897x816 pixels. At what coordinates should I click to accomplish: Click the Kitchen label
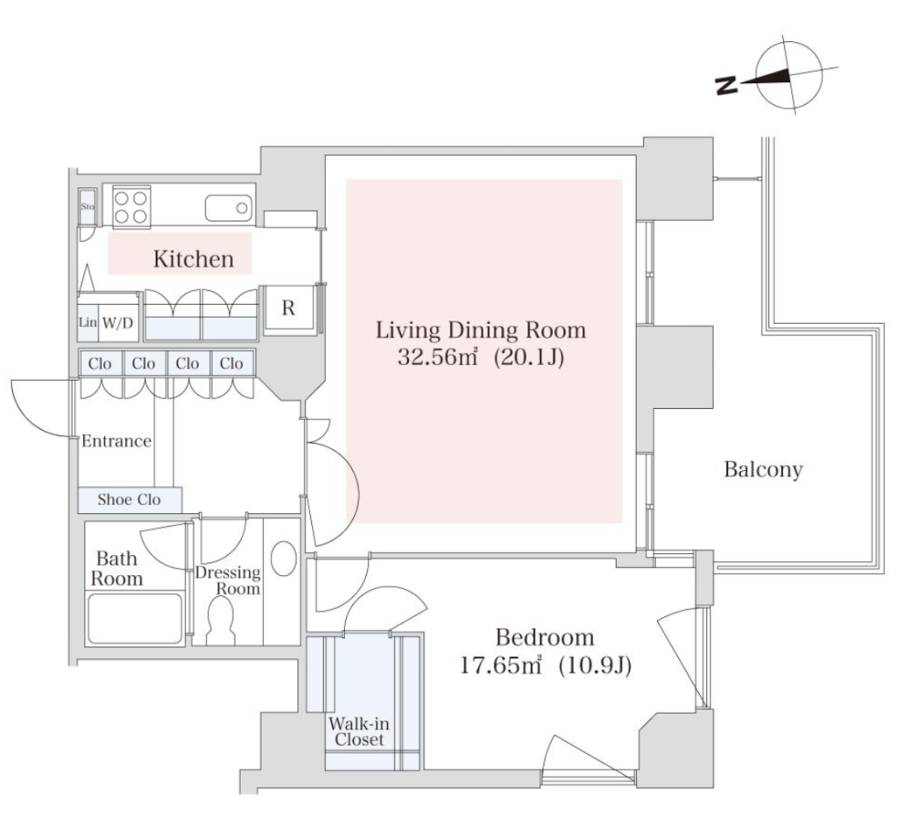tap(194, 259)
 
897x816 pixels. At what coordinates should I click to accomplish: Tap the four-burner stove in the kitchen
tap(131, 207)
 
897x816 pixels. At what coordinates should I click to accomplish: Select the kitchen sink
tap(229, 208)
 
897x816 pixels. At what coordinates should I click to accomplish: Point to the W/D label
tap(118, 323)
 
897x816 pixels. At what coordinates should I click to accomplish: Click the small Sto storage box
tap(88, 207)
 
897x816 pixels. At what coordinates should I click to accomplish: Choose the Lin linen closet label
tap(88, 322)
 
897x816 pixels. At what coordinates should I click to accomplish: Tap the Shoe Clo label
tap(129, 499)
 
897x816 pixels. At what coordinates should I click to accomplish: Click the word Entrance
tap(117, 441)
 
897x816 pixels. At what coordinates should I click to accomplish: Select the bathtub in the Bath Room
tap(134, 618)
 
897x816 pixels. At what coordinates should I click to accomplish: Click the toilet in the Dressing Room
tap(220, 621)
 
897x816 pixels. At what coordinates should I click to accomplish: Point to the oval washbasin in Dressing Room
tap(283, 558)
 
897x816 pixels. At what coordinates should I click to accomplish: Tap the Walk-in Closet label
tap(359, 731)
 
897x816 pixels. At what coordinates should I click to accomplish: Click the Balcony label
tap(763, 469)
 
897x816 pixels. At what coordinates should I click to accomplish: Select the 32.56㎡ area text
tap(438, 357)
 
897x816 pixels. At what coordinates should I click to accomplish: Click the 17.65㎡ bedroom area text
tap(501, 665)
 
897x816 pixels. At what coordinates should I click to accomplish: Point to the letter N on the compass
tap(726, 86)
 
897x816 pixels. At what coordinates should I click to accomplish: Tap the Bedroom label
tap(545, 637)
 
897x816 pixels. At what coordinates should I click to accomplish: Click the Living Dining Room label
tap(481, 331)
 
